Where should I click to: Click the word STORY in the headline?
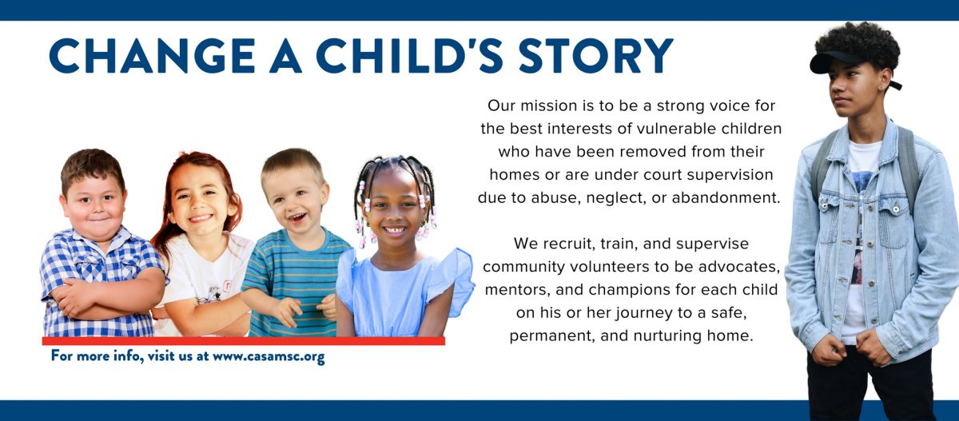point(596,56)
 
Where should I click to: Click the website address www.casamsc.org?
point(269,356)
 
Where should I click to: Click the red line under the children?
point(243,341)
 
